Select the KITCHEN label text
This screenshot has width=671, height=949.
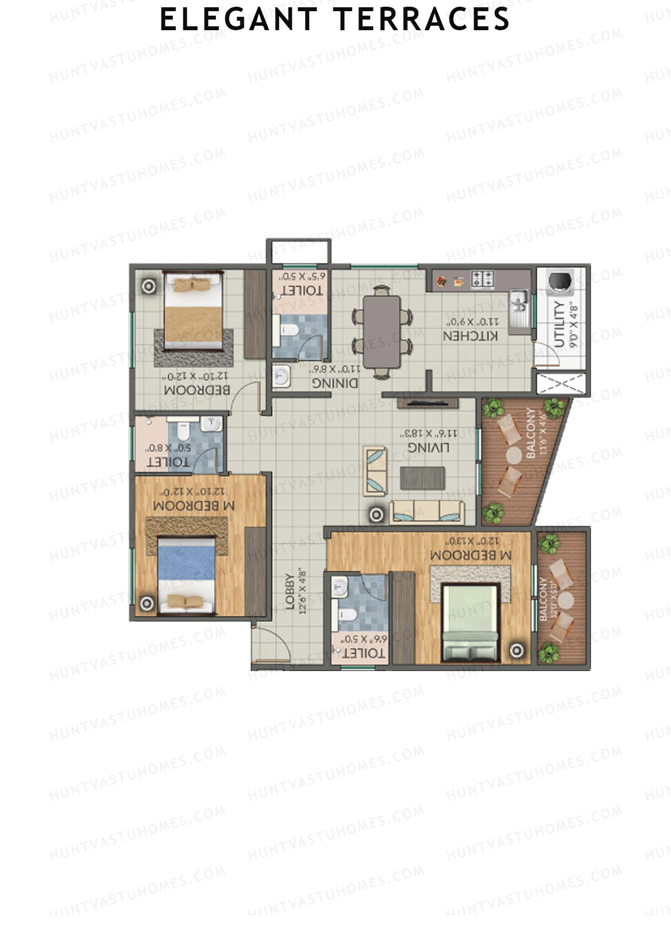[470, 336]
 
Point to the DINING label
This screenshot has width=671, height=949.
[334, 383]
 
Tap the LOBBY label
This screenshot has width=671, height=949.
[290, 592]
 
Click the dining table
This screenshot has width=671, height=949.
[382, 331]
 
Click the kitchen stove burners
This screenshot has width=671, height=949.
[482, 277]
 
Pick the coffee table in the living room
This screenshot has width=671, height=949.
[423, 478]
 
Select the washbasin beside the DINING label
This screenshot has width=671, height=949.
[281, 376]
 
